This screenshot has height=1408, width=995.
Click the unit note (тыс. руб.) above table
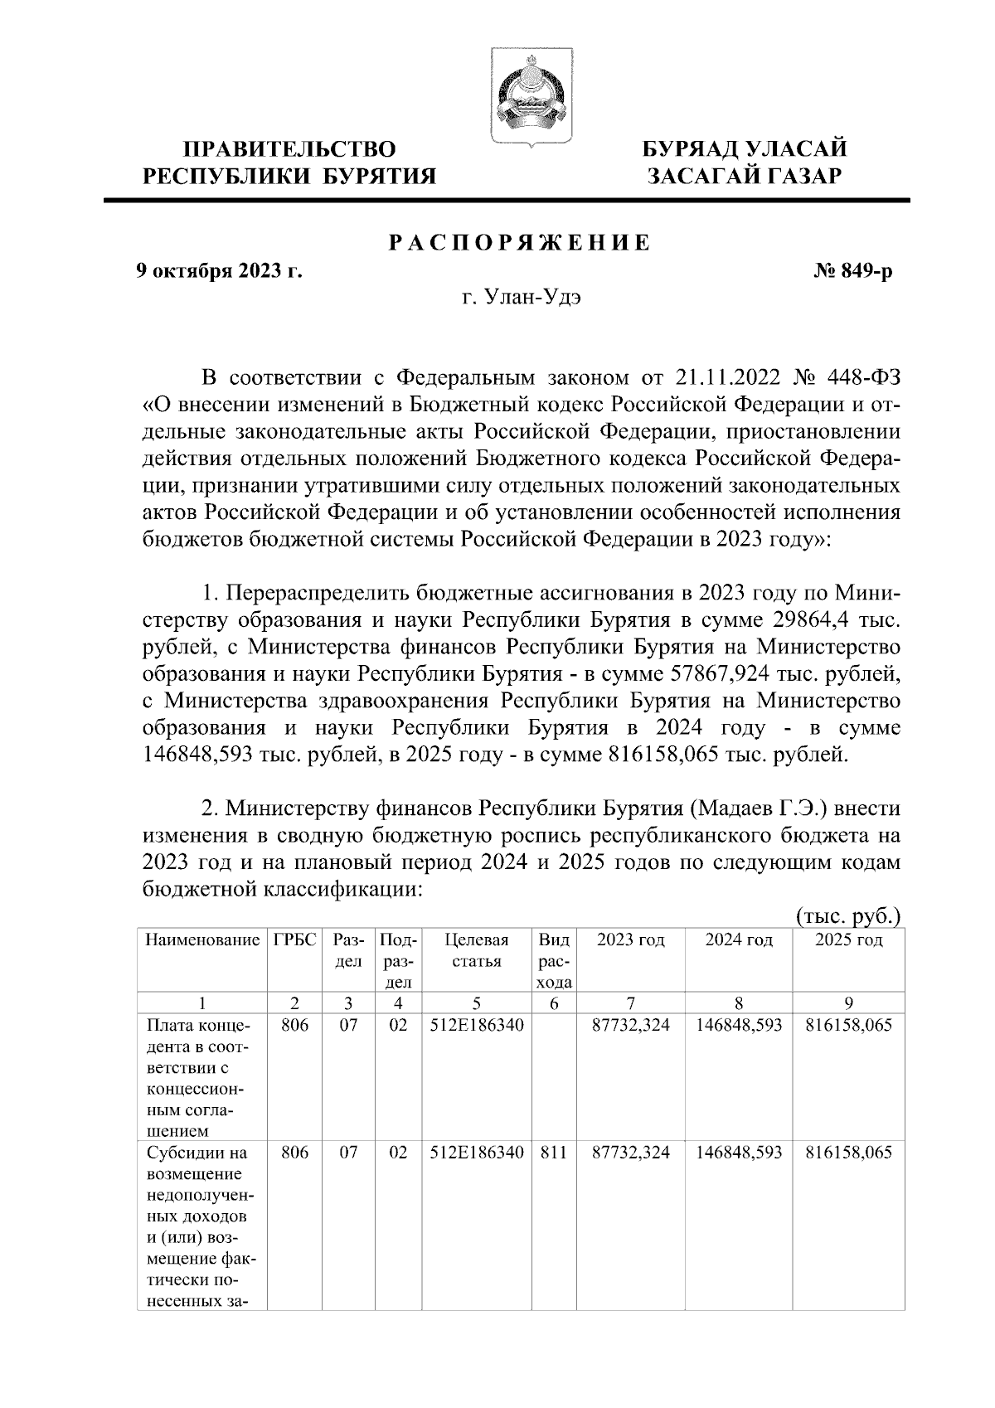[x=847, y=916]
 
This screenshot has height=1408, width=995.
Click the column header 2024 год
[x=739, y=940]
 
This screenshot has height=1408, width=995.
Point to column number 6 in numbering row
[x=555, y=1003]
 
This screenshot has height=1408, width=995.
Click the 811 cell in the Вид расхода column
[x=555, y=1153]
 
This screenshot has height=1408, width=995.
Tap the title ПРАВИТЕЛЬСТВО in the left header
[x=289, y=149]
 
